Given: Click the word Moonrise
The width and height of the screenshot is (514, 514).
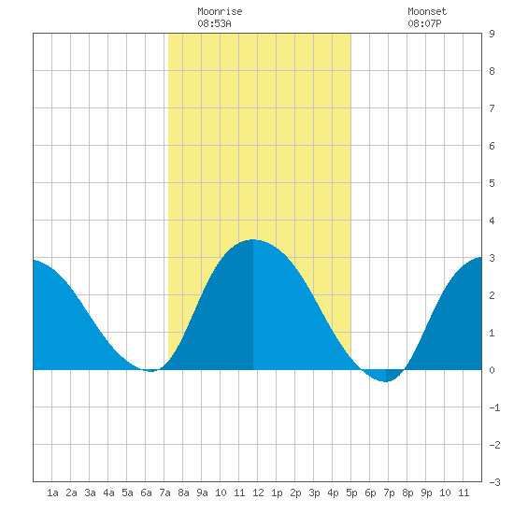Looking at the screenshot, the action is tap(220, 11).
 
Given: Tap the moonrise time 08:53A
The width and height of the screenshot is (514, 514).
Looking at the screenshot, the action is tap(214, 23).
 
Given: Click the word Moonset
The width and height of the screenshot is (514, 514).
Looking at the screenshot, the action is tap(427, 11).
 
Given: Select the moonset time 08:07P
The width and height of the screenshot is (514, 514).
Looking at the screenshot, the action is tap(424, 23).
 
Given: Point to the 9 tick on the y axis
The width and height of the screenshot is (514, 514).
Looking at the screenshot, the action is tap(492, 34).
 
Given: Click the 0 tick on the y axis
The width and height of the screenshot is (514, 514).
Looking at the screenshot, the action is tap(492, 370).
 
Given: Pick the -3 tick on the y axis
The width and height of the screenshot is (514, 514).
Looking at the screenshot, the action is tap(494, 482).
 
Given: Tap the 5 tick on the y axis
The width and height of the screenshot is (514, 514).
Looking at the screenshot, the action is tap(492, 183).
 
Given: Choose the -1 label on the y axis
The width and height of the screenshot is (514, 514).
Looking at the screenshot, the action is tap(494, 407).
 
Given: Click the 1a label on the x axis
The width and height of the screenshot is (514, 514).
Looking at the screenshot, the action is tap(52, 493).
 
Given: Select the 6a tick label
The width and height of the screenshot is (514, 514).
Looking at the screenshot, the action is tap(146, 493).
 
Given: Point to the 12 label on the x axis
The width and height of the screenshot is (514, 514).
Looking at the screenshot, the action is tap(258, 493).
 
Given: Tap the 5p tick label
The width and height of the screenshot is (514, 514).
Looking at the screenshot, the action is tap(351, 493).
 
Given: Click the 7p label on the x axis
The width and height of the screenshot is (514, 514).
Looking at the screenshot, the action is tap(389, 493).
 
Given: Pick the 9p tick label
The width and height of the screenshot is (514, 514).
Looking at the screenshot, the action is tap(426, 493).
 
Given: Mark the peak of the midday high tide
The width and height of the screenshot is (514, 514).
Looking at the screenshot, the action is tap(252, 239).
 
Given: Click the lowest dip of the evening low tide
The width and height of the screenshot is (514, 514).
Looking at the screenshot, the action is tap(386, 381).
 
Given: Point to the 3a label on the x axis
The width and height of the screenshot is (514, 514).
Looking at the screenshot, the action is tap(90, 493).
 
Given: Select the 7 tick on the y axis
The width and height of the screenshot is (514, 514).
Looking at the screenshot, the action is tap(492, 108).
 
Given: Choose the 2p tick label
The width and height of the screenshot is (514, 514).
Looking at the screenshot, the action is tap(295, 493).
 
